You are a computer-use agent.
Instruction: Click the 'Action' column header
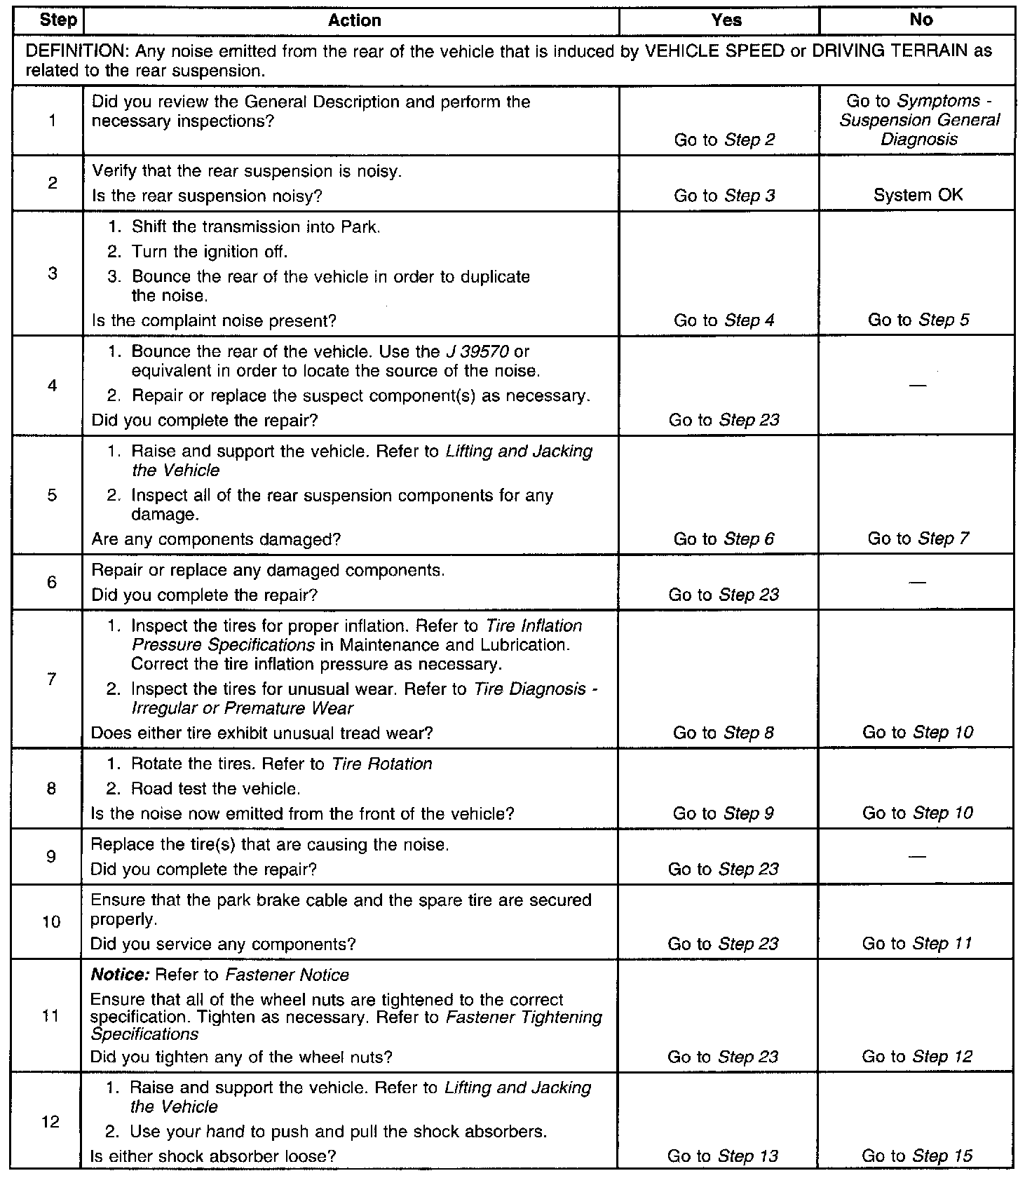click(354, 20)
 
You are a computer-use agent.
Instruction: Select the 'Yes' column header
click(726, 20)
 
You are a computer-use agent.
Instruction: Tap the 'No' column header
click(921, 20)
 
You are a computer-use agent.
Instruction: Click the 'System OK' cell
click(918, 196)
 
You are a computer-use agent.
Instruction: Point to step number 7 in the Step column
click(51, 679)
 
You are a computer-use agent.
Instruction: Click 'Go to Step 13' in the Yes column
click(723, 1156)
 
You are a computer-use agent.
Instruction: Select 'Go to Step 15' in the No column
click(917, 1156)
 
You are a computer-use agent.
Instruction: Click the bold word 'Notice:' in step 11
click(121, 975)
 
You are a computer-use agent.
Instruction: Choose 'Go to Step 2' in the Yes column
click(724, 140)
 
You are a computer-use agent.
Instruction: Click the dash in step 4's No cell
click(917, 386)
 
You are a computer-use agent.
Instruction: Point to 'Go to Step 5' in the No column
click(918, 320)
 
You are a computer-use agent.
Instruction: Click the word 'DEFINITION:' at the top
click(77, 52)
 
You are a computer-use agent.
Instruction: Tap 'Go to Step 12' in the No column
click(917, 1057)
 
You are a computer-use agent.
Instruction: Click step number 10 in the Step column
click(51, 922)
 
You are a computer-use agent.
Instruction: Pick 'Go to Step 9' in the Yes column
click(724, 813)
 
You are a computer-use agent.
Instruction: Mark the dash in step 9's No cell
click(917, 856)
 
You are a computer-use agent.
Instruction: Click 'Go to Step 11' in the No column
click(917, 944)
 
